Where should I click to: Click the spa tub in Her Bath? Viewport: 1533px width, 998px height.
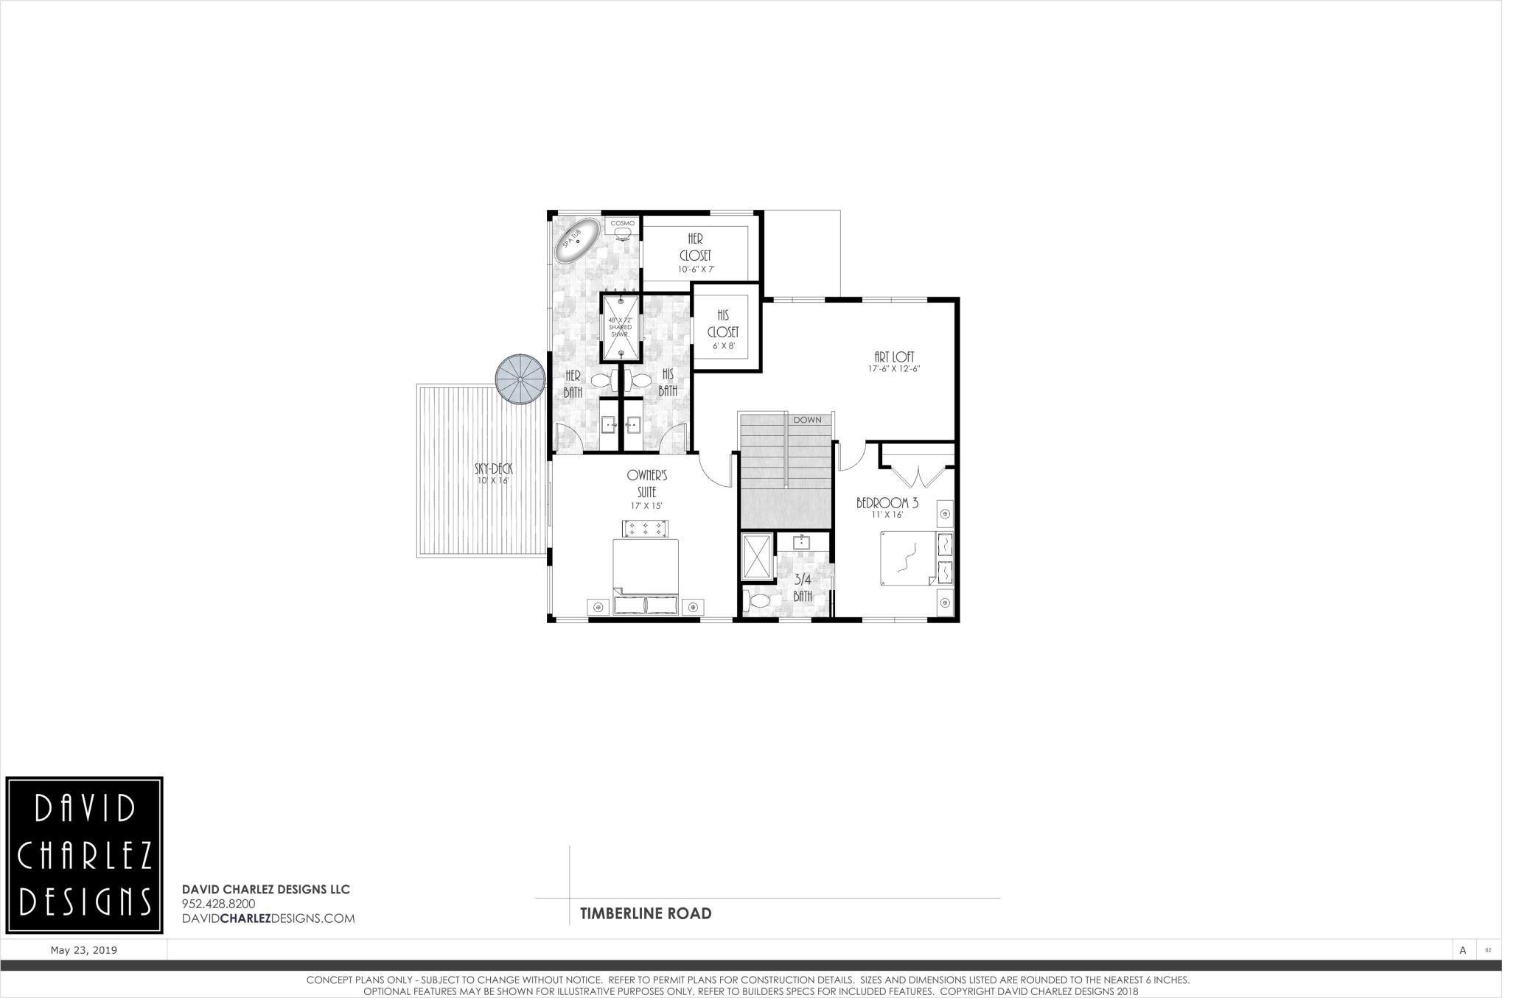[577, 241]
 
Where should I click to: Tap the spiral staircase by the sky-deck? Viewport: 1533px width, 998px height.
[520, 380]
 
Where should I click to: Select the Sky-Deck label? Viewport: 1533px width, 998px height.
[493, 468]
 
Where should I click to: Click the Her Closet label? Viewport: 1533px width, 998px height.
[695, 247]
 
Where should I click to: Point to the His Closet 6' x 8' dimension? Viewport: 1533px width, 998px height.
[723, 345]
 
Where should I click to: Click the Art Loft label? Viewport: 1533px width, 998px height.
[894, 356]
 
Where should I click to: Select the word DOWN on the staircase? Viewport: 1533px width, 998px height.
[807, 420]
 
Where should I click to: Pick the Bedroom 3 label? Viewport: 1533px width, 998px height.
[887, 503]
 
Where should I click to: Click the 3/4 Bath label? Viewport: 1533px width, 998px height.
[803, 587]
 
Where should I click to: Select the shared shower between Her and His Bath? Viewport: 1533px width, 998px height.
[621, 327]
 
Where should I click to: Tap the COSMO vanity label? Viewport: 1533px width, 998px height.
[622, 223]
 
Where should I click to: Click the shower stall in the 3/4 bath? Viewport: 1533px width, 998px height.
[756, 556]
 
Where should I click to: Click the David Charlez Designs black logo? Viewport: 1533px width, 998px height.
[85, 855]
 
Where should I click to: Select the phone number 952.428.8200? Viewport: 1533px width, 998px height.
[218, 904]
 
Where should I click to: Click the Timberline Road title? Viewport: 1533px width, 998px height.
[646, 913]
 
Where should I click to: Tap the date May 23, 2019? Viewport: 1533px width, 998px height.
[83, 950]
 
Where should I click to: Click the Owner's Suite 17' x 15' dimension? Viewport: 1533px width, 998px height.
[646, 506]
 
